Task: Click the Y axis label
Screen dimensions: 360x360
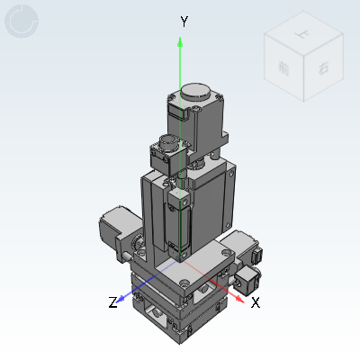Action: pyautogui.click(x=183, y=21)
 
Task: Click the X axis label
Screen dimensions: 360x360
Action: pyautogui.click(x=256, y=302)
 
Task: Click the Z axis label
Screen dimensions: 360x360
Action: pyautogui.click(x=113, y=303)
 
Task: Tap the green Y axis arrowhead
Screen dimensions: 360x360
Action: pyautogui.click(x=181, y=41)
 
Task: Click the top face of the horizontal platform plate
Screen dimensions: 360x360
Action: pyautogui.click(x=202, y=261)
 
